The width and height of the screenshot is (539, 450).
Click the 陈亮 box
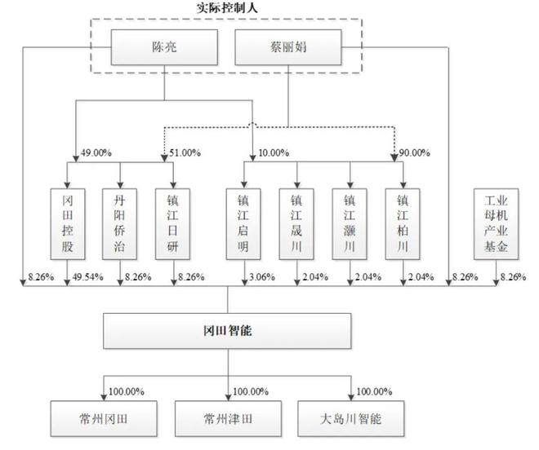tap(164, 47)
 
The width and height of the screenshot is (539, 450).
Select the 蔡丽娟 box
tap(288, 47)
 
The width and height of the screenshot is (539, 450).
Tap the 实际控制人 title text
tap(227, 8)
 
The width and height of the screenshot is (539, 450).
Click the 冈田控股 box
tap(68, 224)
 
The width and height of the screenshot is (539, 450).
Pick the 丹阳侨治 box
tap(119, 224)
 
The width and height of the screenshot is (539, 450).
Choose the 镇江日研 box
tap(172, 224)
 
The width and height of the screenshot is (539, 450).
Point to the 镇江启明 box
tap(243, 224)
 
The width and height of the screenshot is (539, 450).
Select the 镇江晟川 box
tap(296, 224)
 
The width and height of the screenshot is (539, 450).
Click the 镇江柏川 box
tap(403, 224)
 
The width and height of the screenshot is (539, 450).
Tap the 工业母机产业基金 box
tap(496, 224)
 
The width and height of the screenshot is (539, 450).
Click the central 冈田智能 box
tap(227, 331)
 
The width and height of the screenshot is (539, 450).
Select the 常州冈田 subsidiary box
tap(104, 419)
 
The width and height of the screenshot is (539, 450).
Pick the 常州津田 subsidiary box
tap(228, 419)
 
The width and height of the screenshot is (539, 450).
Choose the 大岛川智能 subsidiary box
tap(351, 419)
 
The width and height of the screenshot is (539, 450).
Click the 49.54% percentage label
tap(87, 276)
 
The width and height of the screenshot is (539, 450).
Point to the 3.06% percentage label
tap(262, 276)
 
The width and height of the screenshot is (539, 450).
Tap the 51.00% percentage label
tap(185, 152)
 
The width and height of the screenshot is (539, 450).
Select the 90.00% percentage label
tap(414, 152)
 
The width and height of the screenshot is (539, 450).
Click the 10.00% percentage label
tap(274, 152)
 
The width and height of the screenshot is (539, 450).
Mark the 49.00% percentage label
tap(96, 152)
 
